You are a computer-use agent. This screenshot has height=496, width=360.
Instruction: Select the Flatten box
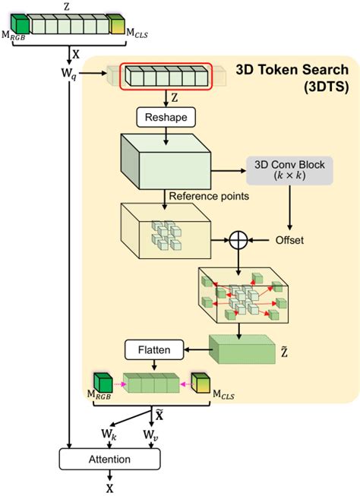point(154,350)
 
